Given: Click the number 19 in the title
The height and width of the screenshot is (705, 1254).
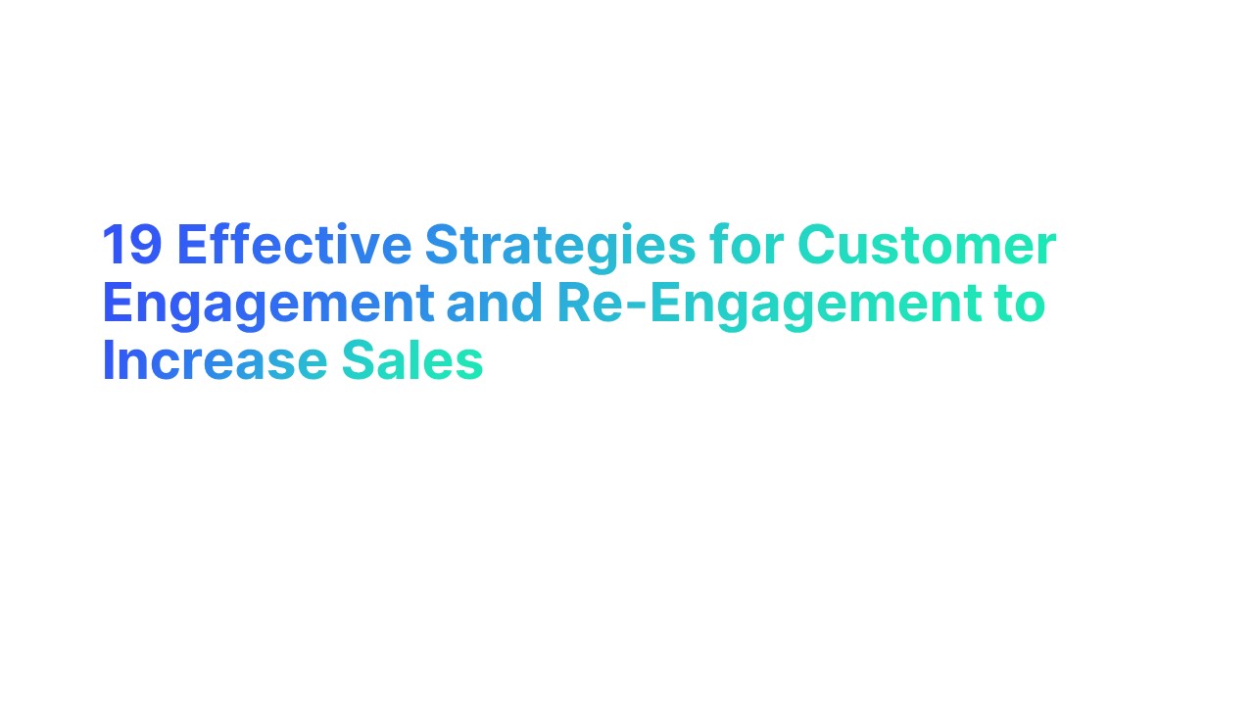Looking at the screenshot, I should [x=132, y=245].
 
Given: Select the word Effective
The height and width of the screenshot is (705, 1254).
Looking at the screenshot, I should [x=294, y=245].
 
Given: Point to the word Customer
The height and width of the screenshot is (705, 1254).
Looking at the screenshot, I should [x=927, y=245].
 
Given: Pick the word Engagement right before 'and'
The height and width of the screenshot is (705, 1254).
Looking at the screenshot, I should [x=267, y=304].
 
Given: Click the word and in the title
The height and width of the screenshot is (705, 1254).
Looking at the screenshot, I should [x=494, y=304].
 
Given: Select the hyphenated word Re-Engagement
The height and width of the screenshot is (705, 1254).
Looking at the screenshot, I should [x=769, y=304].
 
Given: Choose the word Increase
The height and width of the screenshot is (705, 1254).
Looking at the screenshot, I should [x=215, y=361].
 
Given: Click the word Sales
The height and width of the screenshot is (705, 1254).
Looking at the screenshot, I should [x=412, y=361].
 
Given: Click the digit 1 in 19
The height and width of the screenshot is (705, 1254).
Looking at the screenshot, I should [x=113, y=245].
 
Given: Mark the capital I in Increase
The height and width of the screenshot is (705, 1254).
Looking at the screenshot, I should [x=108, y=361].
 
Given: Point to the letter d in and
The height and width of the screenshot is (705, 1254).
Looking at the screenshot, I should [x=525, y=304].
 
